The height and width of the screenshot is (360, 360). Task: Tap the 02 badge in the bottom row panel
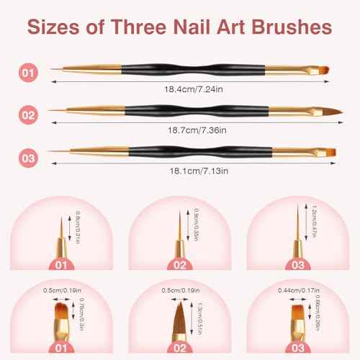(x=181, y=347)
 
